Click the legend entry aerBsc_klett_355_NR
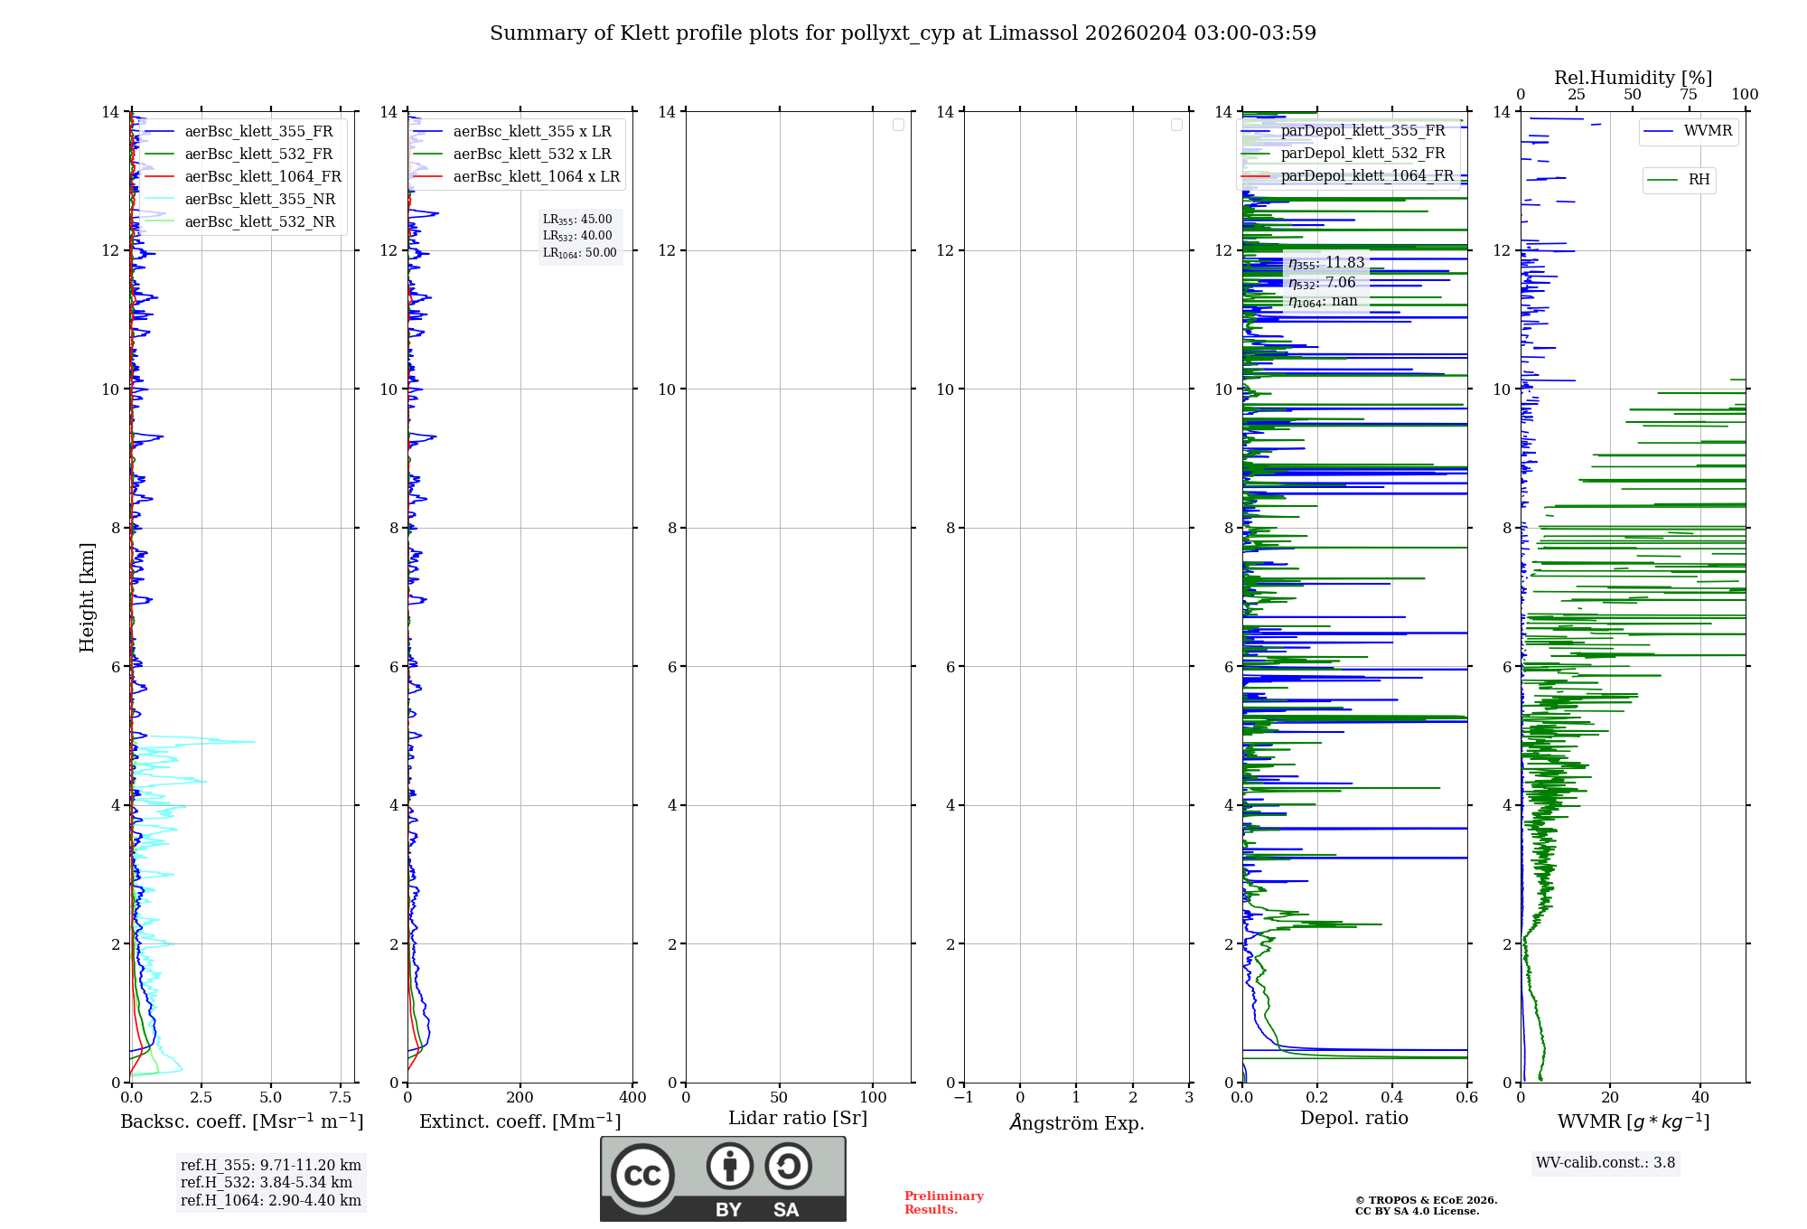click(259, 199)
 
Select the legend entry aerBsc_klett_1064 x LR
click(536, 176)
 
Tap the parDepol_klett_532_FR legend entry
click(1362, 154)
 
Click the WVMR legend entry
click(1708, 131)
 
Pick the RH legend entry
click(1699, 180)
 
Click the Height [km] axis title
click(87, 597)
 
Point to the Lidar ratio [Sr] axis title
click(798, 1118)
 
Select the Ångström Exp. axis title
click(1077, 1122)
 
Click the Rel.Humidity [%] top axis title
click(1633, 78)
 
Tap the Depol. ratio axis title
click(1353, 1118)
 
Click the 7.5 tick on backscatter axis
click(341, 1097)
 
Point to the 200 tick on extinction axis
click(520, 1097)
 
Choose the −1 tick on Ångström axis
click(964, 1097)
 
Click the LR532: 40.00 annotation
click(577, 236)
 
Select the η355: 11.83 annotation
click(1326, 263)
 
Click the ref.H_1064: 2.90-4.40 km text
click(270, 1200)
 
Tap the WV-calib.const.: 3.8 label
click(1606, 1162)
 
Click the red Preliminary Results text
click(943, 1202)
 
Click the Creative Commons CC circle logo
click(642, 1175)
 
